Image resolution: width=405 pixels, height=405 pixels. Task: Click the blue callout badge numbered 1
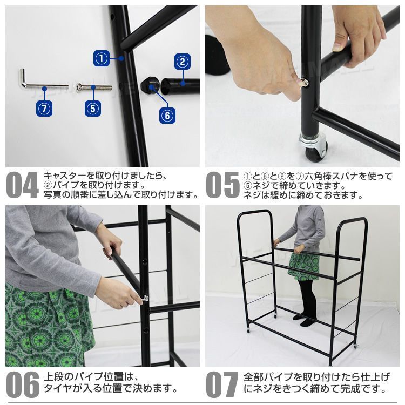[x=102, y=57]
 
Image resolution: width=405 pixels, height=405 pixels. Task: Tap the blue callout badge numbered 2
[x=183, y=62]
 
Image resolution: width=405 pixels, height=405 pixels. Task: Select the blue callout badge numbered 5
[x=93, y=108]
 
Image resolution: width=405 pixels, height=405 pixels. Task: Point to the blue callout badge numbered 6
[x=167, y=114]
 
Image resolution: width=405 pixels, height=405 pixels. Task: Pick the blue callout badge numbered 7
[x=45, y=108]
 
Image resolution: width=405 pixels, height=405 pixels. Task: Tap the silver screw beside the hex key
[x=94, y=87]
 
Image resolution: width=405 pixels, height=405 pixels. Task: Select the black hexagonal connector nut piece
[x=151, y=84]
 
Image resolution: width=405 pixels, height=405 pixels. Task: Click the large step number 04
[x=22, y=185]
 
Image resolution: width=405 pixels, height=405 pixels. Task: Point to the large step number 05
[x=222, y=185]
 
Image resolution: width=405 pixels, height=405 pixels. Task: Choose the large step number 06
[x=22, y=385]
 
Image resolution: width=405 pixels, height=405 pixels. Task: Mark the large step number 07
[x=222, y=385]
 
